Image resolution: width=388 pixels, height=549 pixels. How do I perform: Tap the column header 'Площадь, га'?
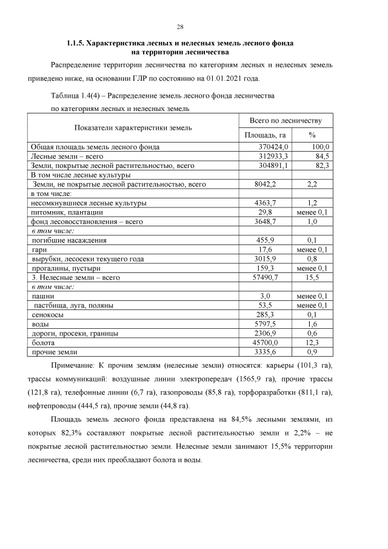coord(265,135)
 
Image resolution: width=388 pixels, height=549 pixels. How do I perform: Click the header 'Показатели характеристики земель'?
coord(133,128)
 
